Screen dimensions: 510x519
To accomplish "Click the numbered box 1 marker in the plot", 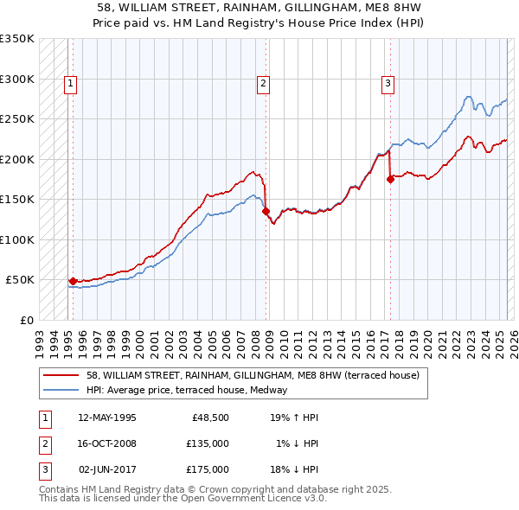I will click(69, 84).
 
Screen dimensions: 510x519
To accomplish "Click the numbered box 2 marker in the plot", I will click(262, 84).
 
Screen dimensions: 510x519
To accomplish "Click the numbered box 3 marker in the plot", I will click(388, 84).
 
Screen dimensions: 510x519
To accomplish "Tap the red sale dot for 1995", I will click(72, 281).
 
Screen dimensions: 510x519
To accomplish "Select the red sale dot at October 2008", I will click(266, 211).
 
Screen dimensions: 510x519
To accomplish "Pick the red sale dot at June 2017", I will click(390, 179).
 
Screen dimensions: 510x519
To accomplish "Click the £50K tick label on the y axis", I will click(21, 280).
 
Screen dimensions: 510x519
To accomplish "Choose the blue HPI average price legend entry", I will click(191, 390).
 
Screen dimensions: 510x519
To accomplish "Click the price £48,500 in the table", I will click(209, 418).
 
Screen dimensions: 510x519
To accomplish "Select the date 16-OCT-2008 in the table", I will click(107, 443).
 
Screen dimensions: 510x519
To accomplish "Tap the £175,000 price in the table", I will click(207, 469).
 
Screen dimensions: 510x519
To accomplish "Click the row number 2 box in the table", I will click(42, 443).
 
